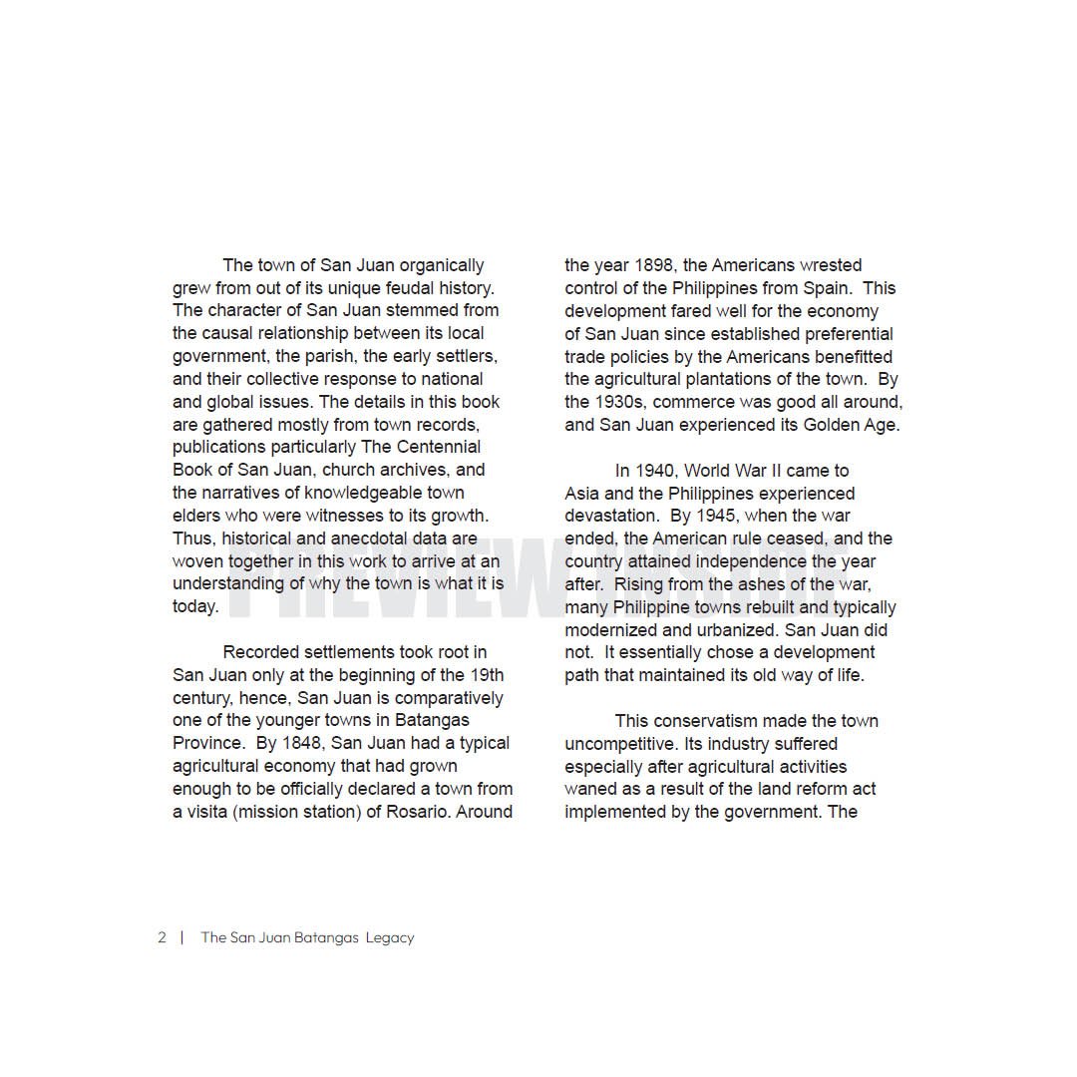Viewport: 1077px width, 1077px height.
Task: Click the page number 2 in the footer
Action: [162, 937]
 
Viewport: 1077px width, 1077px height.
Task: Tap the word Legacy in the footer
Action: [390, 938]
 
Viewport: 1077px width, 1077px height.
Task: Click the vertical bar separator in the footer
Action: [181, 937]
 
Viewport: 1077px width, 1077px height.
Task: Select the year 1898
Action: [654, 265]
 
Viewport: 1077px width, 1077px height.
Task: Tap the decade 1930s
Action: [618, 402]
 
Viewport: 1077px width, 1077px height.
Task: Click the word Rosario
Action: [417, 812]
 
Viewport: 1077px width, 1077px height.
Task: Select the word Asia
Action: [582, 494]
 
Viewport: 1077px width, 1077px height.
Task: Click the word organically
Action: [442, 265]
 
